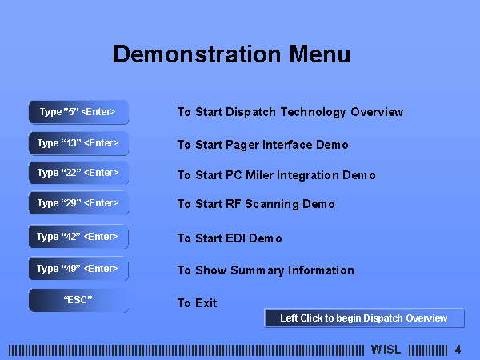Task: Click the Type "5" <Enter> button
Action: (x=78, y=112)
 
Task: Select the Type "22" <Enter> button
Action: (x=78, y=173)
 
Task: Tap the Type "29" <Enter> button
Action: (x=78, y=203)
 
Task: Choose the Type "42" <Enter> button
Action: (x=78, y=236)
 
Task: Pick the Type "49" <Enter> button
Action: (x=78, y=269)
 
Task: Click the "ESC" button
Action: (x=78, y=300)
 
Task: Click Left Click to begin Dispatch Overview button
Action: (x=364, y=318)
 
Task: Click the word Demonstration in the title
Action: (x=197, y=54)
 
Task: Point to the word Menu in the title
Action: (x=319, y=54)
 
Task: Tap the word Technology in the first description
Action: (x=313, y=112)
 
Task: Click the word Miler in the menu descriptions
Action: (x=259, y=175)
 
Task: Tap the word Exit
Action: (x=206, y=303)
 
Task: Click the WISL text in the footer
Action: (x=386, y=350)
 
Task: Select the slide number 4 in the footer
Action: (x=458, y=350)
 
